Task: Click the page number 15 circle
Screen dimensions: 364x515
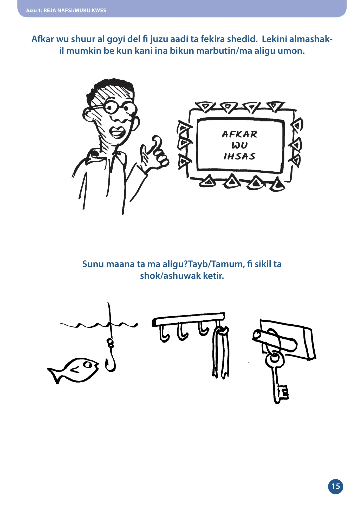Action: pyautogui.click(x=335, y=486)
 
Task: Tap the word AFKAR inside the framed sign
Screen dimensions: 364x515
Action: pyautogui.click(x=239, y=134)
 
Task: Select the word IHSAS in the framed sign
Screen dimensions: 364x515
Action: pyautogui.click(x=239, y=156)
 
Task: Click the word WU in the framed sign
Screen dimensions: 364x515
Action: pyautogui.click(x=239, y=145)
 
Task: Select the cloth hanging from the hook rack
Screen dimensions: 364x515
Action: pyautogui.click(x=220, y=352)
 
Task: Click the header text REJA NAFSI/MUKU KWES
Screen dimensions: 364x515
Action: pyautogui.click(x=75, y=11)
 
